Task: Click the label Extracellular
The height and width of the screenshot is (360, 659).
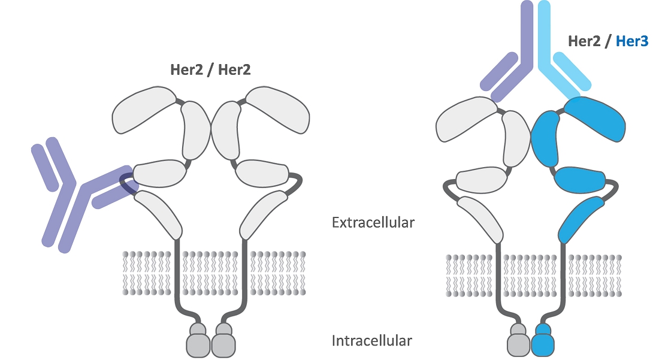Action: [373, 223]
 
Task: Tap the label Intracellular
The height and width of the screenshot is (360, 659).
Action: [372, 341]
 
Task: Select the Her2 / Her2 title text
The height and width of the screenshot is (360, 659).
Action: [210, 69]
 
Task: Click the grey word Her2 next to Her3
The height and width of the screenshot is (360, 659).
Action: [584, 41]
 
